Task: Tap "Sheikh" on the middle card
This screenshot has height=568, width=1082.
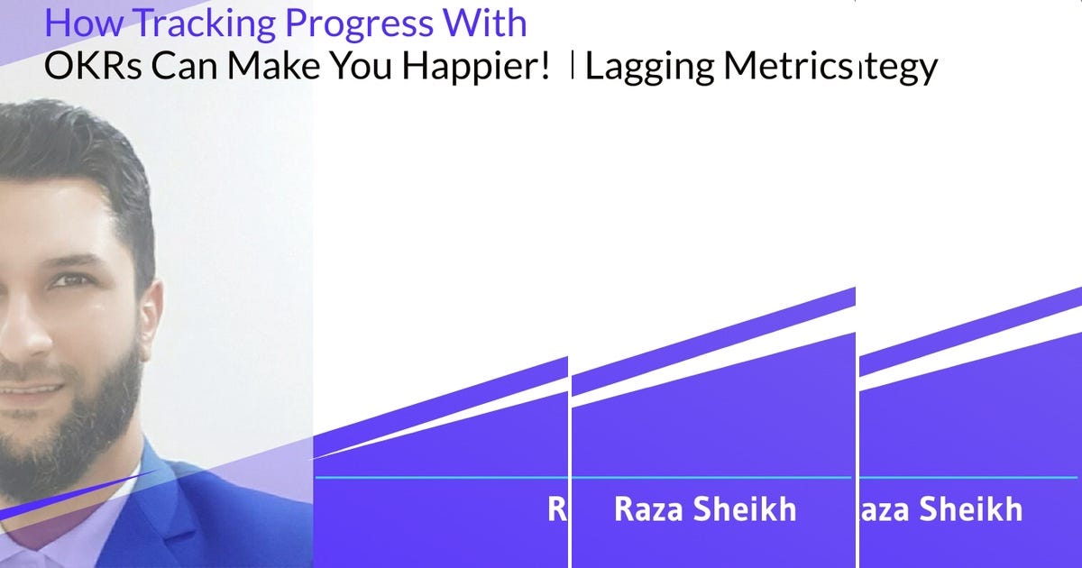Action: click(748, 509)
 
